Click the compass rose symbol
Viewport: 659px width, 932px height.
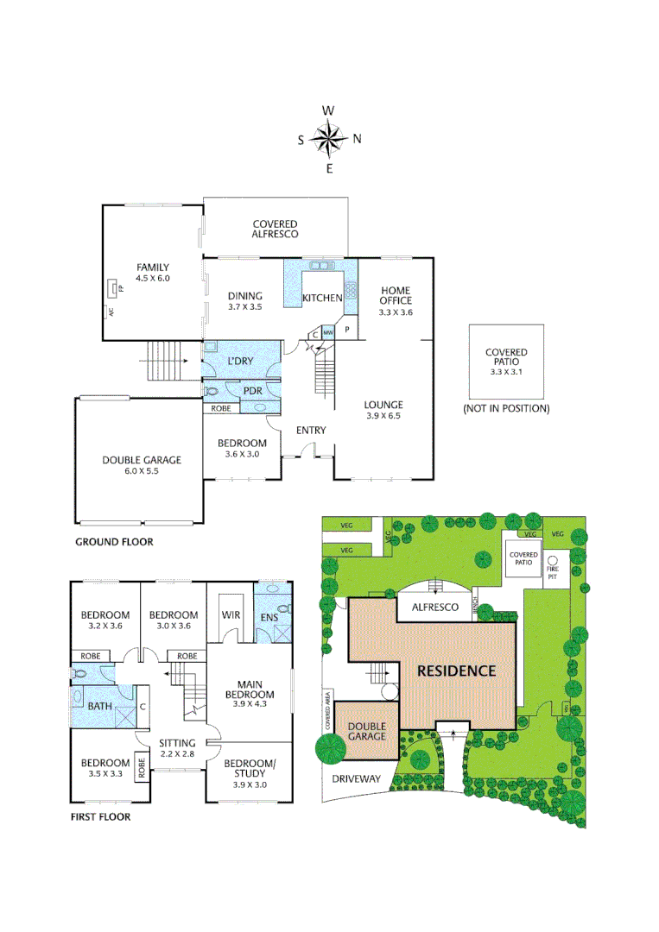328,138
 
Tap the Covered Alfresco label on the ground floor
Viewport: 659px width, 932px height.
276,229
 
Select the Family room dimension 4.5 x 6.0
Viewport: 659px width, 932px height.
152,279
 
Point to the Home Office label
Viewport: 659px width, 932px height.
396,295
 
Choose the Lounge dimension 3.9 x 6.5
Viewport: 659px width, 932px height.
383,416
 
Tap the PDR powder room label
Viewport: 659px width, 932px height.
252,391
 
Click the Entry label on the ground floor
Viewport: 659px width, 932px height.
311,431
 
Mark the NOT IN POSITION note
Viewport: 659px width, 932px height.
506,408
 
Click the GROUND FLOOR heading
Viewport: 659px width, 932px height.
114,542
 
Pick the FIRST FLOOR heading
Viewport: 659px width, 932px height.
100,816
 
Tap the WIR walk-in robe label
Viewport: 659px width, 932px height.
231,614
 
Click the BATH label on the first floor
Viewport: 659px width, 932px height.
100,706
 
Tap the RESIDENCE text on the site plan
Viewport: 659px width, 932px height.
456,671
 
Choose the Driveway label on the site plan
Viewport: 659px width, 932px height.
356,778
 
